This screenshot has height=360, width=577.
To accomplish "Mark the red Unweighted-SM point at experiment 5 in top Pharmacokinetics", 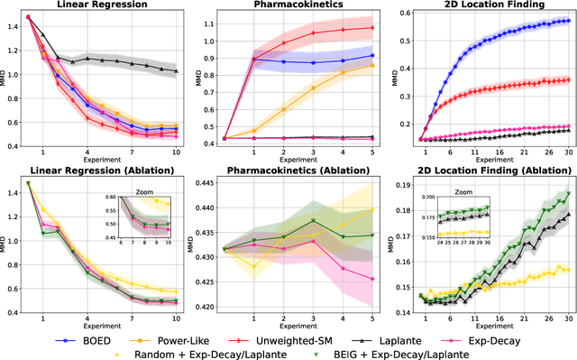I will pos(372,27).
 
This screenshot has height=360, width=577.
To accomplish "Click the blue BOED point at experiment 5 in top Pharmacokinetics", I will pos(372,56).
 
